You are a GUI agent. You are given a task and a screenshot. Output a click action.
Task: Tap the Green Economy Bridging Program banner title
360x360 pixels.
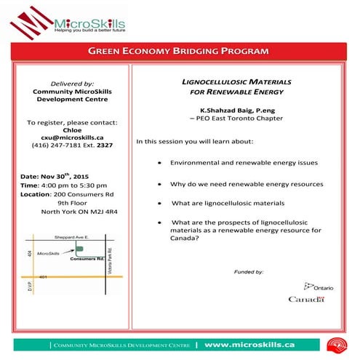coord(179,52)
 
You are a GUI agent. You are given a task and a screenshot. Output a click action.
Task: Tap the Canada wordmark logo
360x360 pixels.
coord(305,299)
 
